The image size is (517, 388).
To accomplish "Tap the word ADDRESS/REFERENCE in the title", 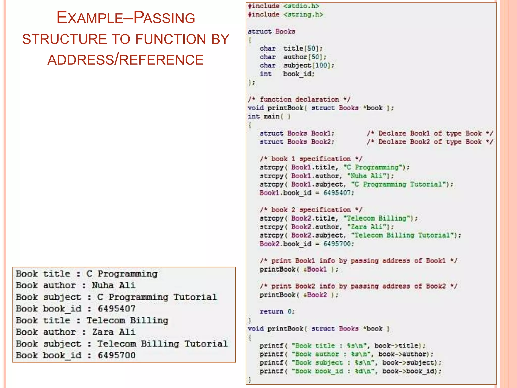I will (125, 60).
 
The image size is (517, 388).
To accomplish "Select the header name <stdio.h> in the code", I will (301, 6).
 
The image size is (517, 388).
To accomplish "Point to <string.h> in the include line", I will (303, 14).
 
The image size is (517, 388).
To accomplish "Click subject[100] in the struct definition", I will (308, 65).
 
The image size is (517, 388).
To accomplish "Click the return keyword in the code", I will (272, 312).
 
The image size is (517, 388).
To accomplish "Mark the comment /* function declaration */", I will (299, 99).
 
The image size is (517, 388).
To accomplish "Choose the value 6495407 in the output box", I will (117, 309).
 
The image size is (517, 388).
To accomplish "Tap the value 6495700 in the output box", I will (117, 355).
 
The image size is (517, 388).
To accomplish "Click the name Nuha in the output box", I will (102, 285).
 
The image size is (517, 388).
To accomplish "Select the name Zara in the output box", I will (102, 332).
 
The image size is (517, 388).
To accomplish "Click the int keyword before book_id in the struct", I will (266, 74).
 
